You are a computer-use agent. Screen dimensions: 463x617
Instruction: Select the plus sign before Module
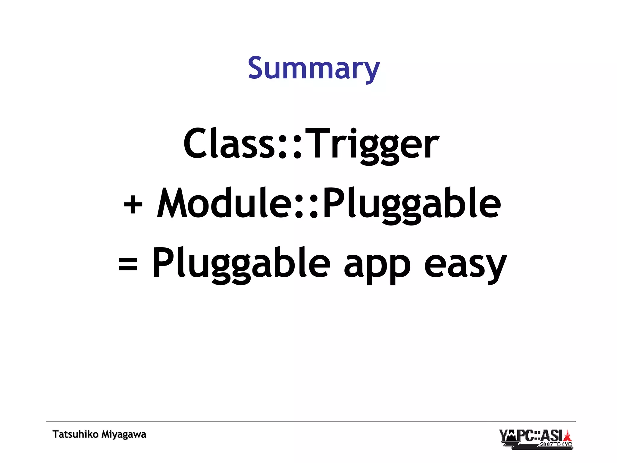click(133, 205)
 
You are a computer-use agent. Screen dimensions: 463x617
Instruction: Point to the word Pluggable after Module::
click(412, 205)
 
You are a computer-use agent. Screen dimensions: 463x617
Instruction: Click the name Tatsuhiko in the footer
click(75, 434)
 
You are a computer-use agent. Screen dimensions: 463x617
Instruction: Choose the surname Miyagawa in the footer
click(124, 435)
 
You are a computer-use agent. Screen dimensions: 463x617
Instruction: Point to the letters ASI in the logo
click(552, 436)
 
